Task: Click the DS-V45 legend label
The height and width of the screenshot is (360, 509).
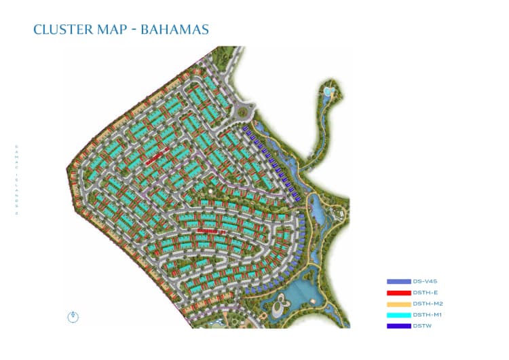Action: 423,281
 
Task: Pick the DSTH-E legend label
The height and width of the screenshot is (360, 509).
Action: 423,292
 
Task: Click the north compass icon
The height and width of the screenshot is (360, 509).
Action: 73,316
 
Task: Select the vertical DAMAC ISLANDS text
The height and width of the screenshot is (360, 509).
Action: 16,180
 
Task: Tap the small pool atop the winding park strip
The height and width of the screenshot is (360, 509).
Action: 328,90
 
